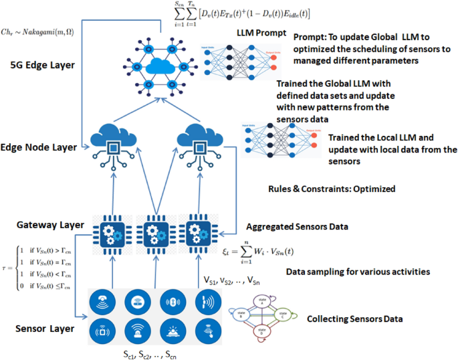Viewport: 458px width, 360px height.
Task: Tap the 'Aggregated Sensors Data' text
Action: pos(298,227)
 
